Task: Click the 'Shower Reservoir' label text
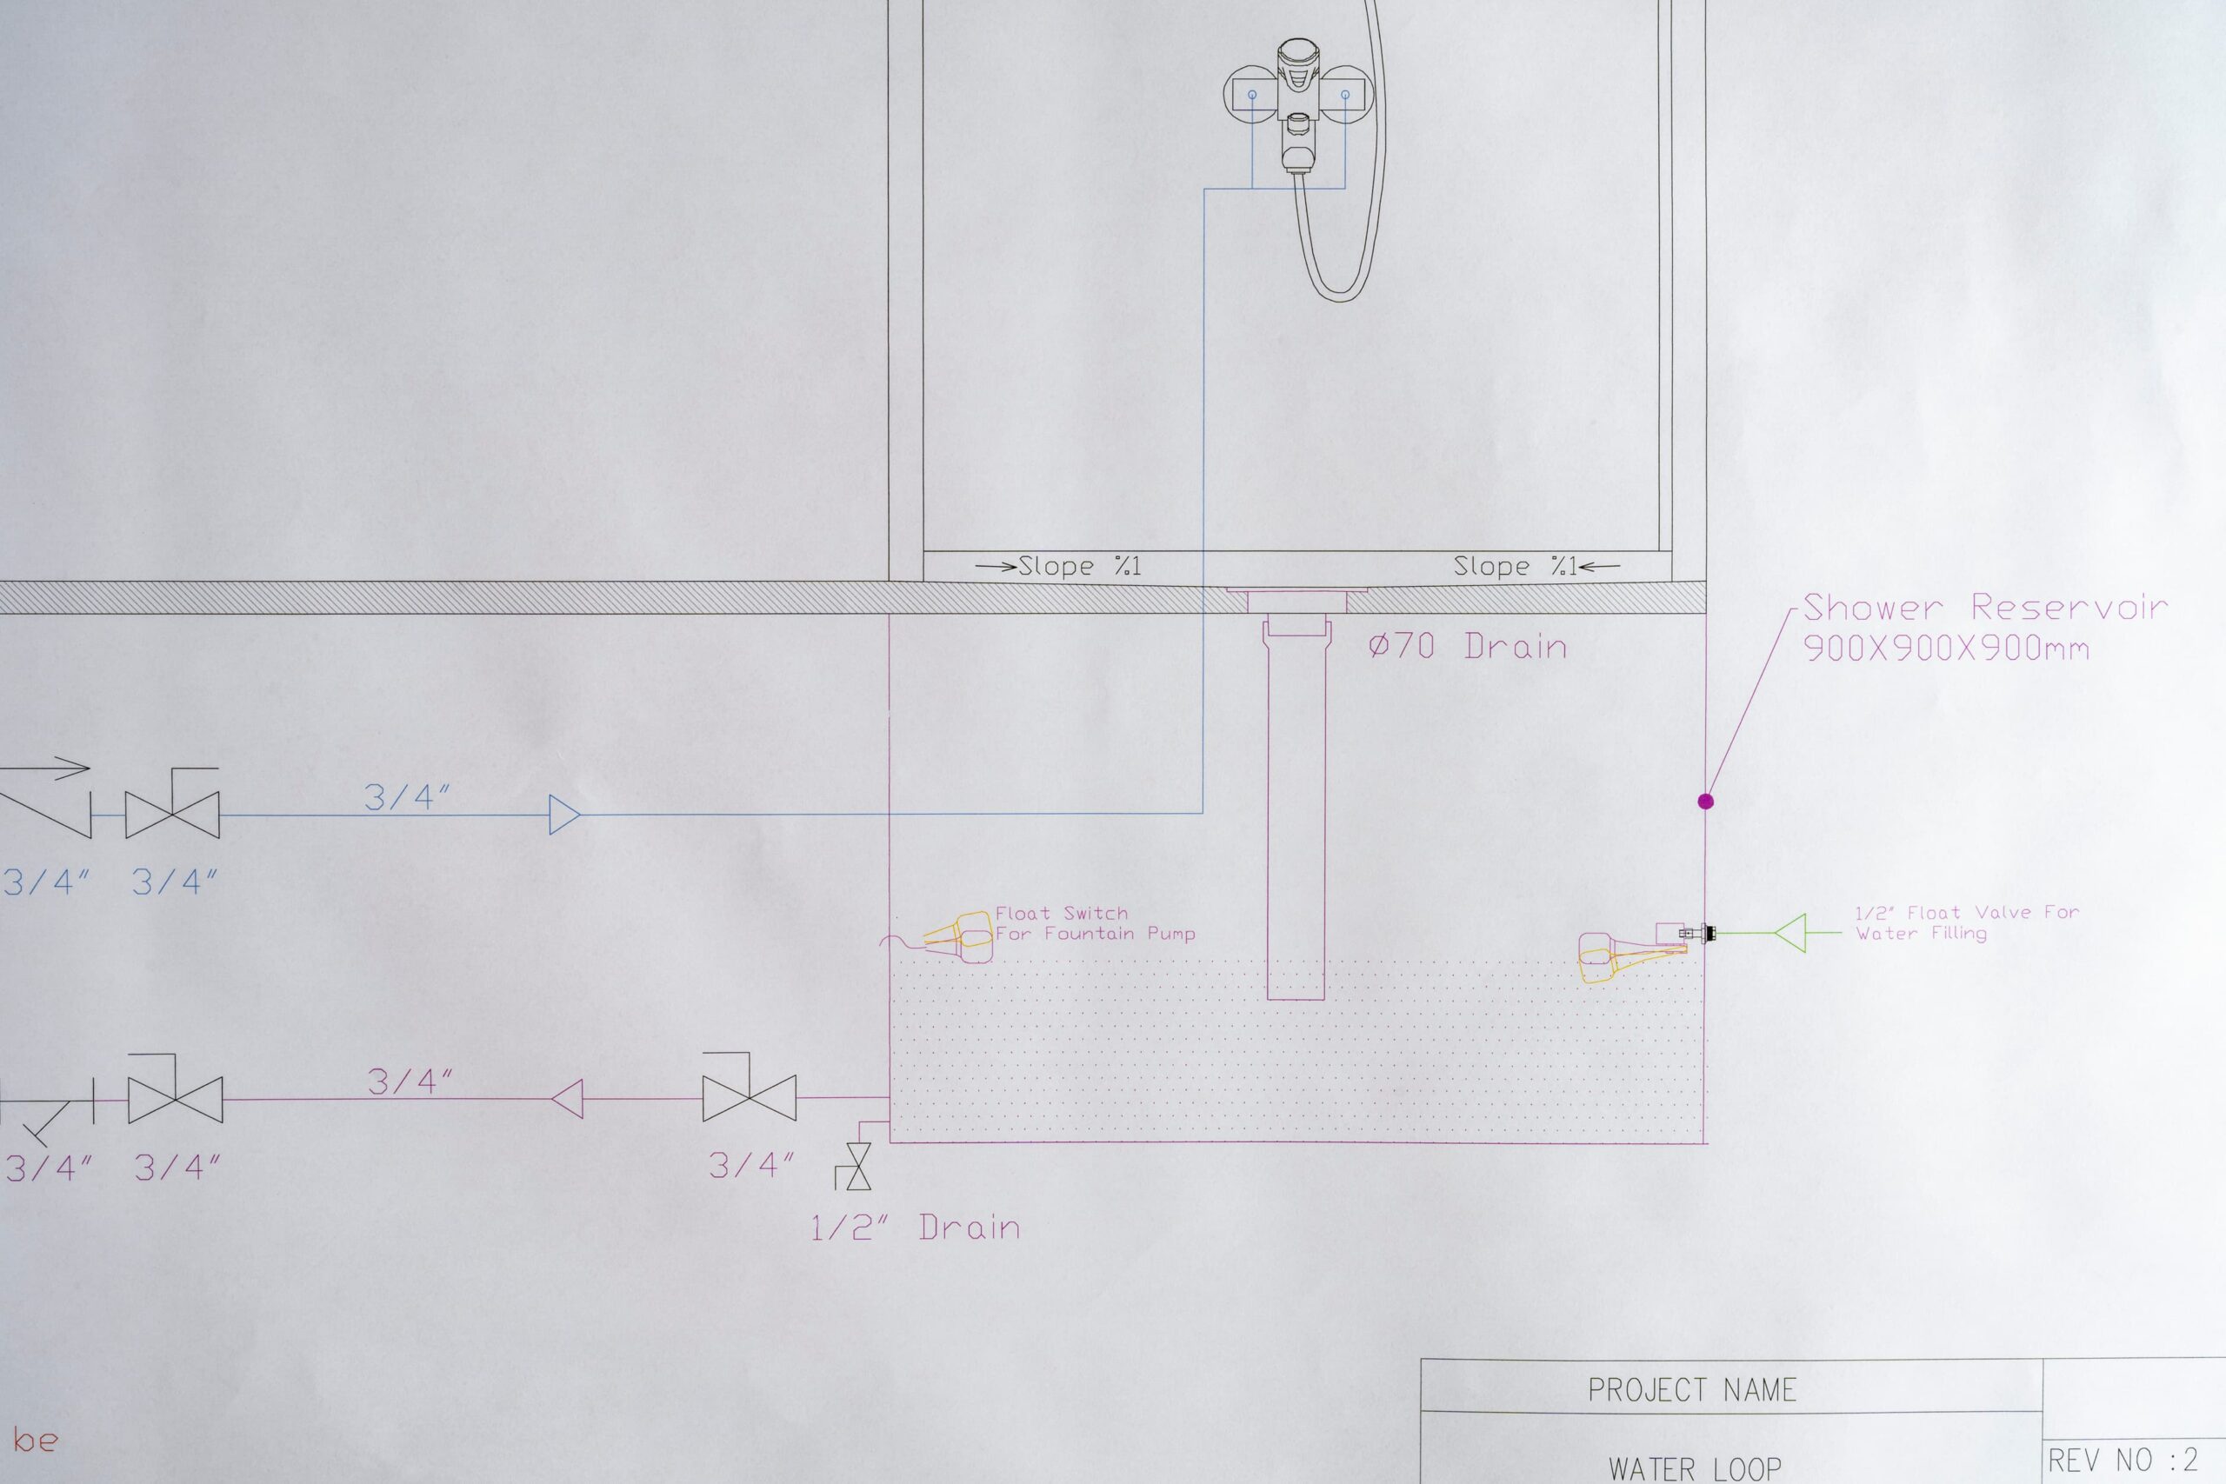coord(1984,607)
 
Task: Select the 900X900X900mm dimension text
coord(1946,649)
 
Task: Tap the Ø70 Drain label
coord(1468,647)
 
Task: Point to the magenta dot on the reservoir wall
coord(1705,802)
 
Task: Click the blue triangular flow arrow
coord(565,814)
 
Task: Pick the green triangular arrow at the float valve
coord(1789,933)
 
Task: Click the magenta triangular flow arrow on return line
coord(566,1100)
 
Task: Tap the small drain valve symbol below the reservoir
coord(858,1167)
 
